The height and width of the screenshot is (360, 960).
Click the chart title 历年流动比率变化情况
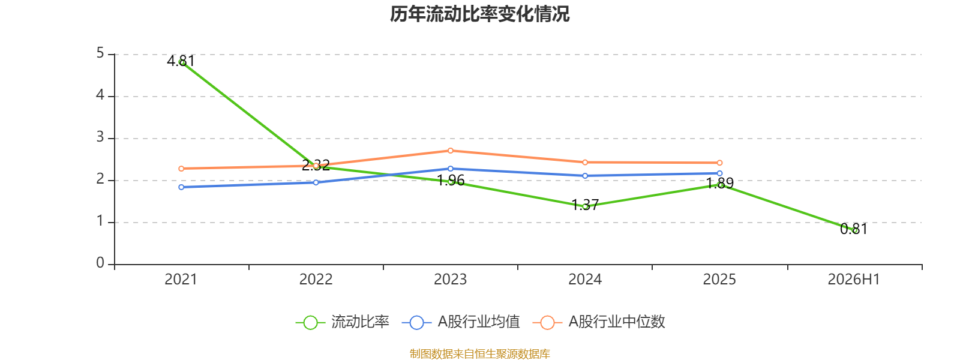479,14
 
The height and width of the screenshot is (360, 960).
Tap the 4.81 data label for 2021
181,61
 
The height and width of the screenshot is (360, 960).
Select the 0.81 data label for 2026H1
854,229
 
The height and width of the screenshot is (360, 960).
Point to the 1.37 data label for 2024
585,205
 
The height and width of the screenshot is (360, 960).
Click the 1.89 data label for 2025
719,183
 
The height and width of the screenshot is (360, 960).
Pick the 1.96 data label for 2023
451,181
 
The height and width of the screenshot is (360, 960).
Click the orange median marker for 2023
451,151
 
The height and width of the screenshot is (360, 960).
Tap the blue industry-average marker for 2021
181,187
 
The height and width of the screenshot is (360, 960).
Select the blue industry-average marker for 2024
585,176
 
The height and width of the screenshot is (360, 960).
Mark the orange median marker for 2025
719,163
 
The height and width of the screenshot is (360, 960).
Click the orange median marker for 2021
181,169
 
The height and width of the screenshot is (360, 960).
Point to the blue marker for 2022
316,182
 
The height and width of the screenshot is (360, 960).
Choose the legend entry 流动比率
343,322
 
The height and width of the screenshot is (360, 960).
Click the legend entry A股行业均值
461,322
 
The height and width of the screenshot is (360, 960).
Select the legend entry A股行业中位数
599,322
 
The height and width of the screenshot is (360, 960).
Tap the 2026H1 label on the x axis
854,280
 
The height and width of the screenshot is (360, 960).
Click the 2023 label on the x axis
451,280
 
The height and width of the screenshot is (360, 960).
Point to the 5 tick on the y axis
100,53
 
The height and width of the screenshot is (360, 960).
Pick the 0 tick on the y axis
100,263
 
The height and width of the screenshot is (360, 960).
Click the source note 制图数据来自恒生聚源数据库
479,353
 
